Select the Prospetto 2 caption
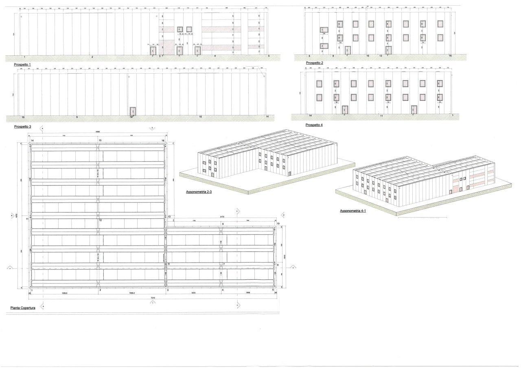click(x=315, y=63)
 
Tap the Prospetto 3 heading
click(x=23, y=126)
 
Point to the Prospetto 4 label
click(x=314, y=125)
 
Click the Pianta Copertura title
click(x=23, y=308)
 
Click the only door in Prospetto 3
click(x=132, y=111)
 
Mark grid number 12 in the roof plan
click(x=101, y=220)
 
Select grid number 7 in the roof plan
click(x=223, y=264)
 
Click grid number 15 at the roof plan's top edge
click(x=100, y=140)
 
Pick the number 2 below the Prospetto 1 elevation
click(x=92, y=57)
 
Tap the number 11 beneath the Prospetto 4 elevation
click(x=381, y=116)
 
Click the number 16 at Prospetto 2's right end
click(x=450, y=55)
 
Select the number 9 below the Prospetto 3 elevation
click(x=77, y=117)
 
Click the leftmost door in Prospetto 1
click(x=153, y=50)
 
